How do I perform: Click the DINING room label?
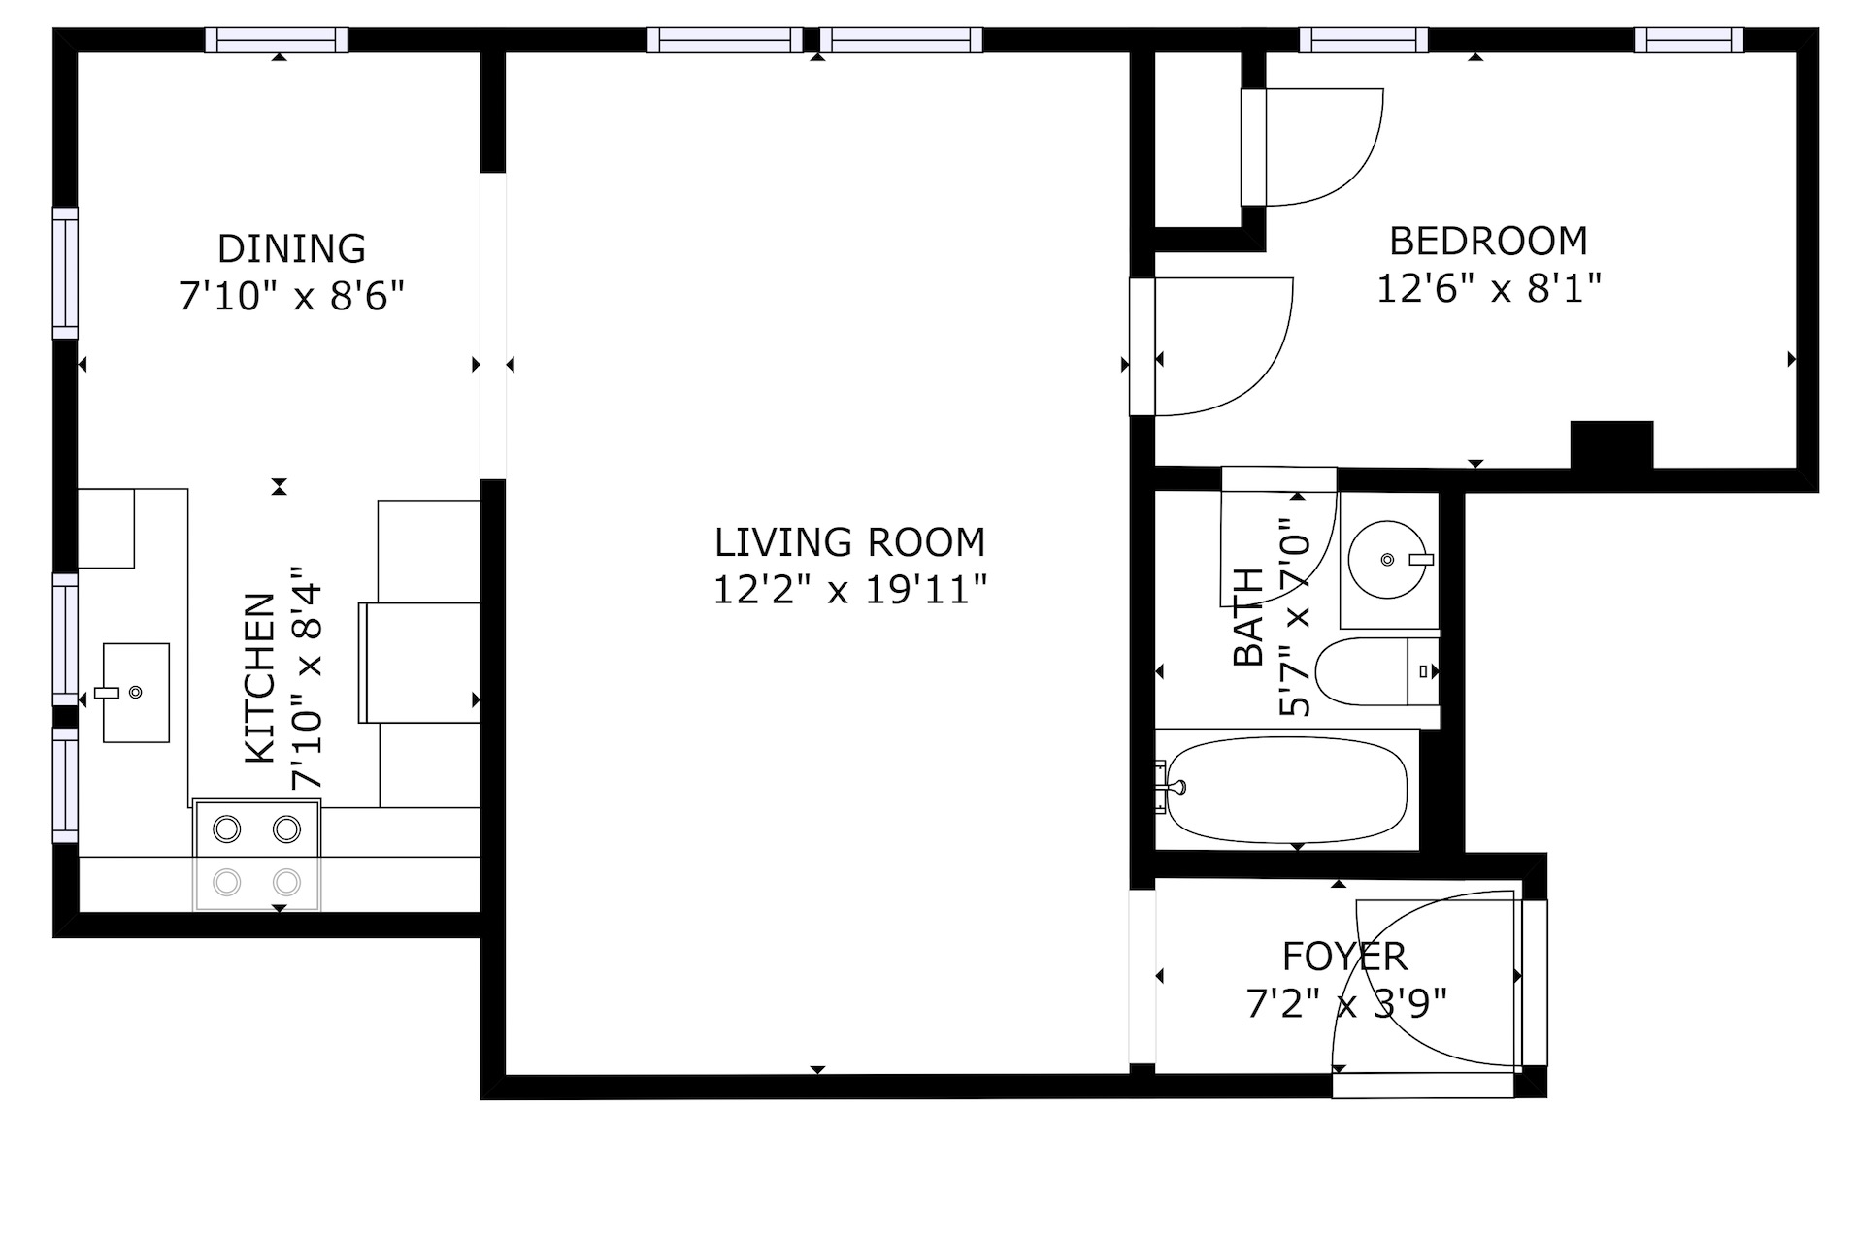pyautogui.click(x=291, y=248)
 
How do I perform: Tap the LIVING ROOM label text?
pyautogui.click(x=849, y=542)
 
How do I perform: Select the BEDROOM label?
pyautogui.click(x=1487, y=241)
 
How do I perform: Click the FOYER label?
pyautogui.click(x=1344, y=957)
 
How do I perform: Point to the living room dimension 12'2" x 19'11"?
pyautogui.click(x=849, y=590)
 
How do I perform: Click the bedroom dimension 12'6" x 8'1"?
pyautogui.click(x=1487, y=288)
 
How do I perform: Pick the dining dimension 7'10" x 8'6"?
pyautogui.click(x=291, y=296)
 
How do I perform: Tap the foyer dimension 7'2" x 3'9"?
pyautogui.click(x=1345, y=1004)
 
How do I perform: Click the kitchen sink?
pyautogui.click(x=136, y=693)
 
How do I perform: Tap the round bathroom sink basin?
pyautogui.click(x=1388, y=560)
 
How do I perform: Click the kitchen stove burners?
pyautogui.click(x=257, y=855)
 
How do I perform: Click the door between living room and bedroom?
pyautogui.click(x=1213, y=347)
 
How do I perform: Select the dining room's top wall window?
pyautogui.click(x=277, y=40)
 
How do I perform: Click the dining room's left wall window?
pyautogui.click(x=65, y=274)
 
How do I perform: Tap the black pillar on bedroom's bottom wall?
pyautogui.click(x=1611, y=445)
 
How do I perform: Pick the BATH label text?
pyautogui.click(x=1248, y=617)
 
